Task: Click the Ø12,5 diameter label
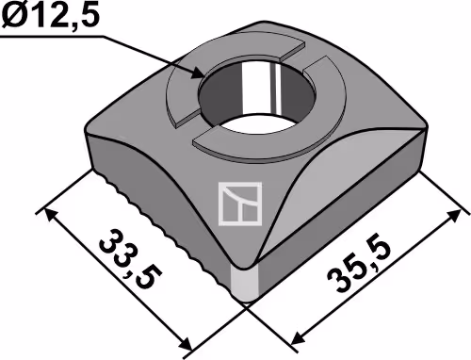(50, 15)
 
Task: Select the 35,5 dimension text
(360, 267)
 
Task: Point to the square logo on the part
(240, 204)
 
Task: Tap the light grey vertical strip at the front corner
(244, 282)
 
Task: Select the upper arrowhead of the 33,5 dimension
(51, 215)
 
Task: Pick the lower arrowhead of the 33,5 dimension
(185, 343)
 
